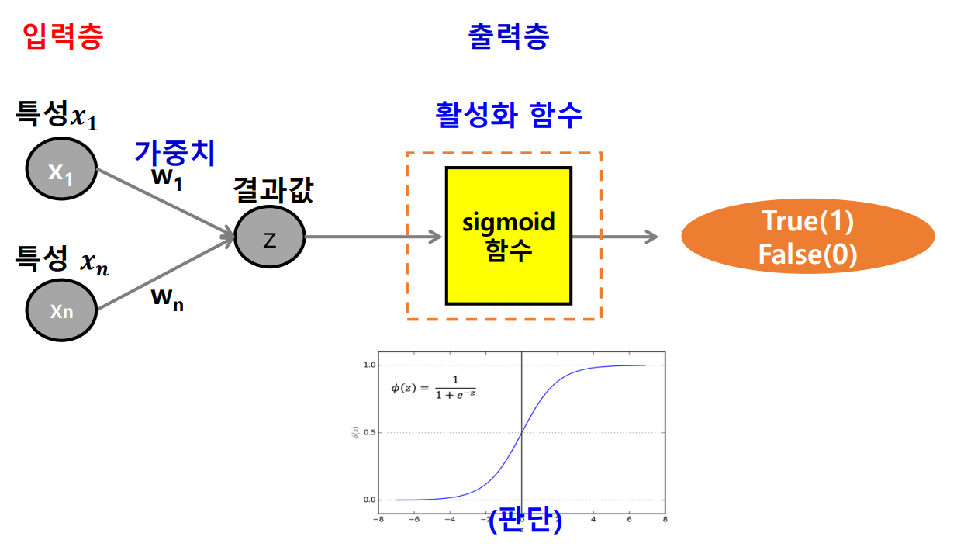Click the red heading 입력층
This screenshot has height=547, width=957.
coord(63,36)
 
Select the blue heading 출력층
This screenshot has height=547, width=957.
coord(508,36)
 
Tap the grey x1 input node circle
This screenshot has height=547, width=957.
coord(61,172)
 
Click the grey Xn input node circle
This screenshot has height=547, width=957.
coord(61,311)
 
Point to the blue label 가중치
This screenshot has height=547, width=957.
coord(174,151)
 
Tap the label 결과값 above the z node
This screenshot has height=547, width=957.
coord(274,191)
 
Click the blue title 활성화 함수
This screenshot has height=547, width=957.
coord(509,115)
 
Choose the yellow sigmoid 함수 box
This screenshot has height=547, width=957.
coord(508,236)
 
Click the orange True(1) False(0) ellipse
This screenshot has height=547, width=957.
coord(807,238)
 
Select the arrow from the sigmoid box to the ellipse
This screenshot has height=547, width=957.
coord(615,237)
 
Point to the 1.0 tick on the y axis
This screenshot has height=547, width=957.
coord(370,365)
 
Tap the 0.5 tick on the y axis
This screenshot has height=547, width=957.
coord(370,432)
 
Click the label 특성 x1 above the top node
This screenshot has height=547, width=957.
coord(57,116)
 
